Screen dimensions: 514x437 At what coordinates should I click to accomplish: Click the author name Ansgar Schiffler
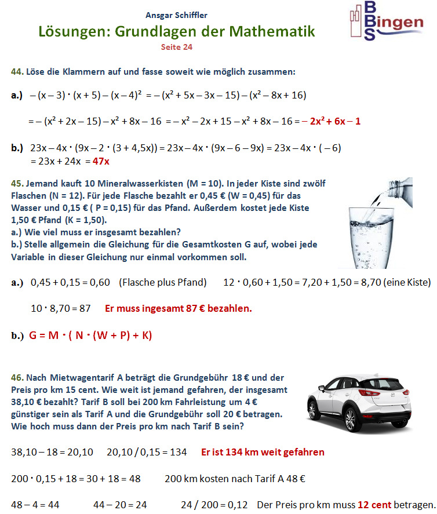176,15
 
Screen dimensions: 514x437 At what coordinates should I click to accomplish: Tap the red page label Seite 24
176,47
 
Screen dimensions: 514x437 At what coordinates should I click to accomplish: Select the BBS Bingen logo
385,21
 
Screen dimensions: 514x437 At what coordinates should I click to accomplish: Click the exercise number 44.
17,72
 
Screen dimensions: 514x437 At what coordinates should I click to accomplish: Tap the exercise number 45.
17,184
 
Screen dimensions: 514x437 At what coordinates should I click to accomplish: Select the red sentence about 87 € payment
178,308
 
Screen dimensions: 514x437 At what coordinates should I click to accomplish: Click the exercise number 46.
17,377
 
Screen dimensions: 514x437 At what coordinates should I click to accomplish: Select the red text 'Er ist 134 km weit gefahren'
263,452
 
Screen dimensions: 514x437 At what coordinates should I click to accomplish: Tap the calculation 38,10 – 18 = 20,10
52,452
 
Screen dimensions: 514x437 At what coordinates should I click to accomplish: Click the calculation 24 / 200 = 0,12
214,505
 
